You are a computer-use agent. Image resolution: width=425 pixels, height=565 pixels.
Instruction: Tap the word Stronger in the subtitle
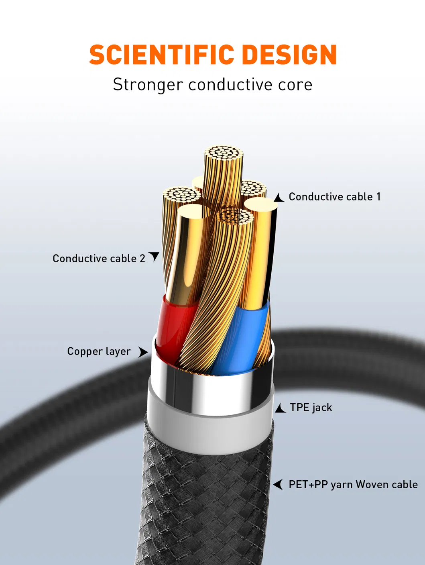pyautogui.click(x=148, y=85)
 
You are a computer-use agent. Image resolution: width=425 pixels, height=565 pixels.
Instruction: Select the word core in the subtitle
pyautogui.click(x=297, y=85)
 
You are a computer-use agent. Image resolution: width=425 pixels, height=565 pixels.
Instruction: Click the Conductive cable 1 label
pyautogui.click(x=334, y=197)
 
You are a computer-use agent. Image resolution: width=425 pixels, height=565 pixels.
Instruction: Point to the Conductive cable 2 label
pyautogui.click(x=99, y=259)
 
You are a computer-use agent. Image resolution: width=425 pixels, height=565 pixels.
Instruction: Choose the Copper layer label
pyautogui.click(x=99, y=352)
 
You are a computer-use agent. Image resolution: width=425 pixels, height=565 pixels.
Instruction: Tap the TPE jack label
pyautogui.click(x=311, y=408)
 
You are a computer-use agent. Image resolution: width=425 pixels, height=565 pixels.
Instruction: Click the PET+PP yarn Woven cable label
pyautogui.click(x=353, y=485)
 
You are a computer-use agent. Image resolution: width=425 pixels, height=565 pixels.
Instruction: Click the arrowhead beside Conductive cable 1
pyautogui.click(x=279, y=198)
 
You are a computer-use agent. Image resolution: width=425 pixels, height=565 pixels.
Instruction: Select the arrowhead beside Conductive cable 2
pyautogui.click(x=154, y=256)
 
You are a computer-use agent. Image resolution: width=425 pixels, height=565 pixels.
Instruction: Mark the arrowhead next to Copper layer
pyautogui.click(x=143, y=352)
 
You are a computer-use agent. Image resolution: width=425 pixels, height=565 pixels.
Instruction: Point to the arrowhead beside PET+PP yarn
pyautogui.click(x=279, y=484)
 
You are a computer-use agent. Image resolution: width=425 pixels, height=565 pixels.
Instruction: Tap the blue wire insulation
pyautogui.click(x=241, y=337)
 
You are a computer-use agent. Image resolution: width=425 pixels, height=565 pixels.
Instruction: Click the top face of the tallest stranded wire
pyautogui.click(x=224, y=153)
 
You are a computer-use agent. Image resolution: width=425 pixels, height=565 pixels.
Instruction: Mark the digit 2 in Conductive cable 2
pyautogui.click(x=142, y=259)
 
